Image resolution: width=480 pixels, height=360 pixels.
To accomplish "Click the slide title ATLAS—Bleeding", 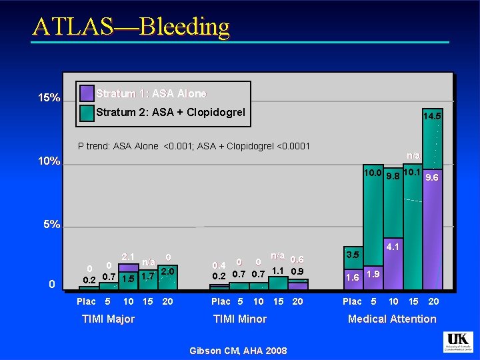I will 131,27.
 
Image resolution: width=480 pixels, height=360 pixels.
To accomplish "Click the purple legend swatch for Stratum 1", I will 86,93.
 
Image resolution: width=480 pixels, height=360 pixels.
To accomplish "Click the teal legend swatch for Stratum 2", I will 86,113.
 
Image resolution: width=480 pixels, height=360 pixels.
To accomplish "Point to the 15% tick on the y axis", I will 48,99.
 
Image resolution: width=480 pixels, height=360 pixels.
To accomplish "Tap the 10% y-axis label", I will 48,162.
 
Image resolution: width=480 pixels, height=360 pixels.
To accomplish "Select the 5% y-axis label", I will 48,225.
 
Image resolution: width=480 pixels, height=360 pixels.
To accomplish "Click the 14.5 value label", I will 431,116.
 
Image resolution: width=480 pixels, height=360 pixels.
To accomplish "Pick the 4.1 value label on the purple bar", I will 393,247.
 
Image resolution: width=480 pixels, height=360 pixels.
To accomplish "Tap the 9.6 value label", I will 431,177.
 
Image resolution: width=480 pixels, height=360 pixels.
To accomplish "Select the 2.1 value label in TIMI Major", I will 128,257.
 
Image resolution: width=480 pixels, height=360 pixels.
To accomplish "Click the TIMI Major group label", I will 108,319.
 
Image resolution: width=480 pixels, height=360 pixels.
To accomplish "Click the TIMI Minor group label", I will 239,319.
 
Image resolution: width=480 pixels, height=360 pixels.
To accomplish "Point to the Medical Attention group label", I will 392,319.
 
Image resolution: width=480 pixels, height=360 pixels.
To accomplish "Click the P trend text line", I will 194,146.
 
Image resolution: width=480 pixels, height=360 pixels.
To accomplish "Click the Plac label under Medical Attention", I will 352,301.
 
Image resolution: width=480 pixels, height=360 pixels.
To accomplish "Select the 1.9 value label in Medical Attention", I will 373,275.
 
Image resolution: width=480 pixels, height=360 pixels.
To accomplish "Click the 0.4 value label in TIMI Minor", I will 219,265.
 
